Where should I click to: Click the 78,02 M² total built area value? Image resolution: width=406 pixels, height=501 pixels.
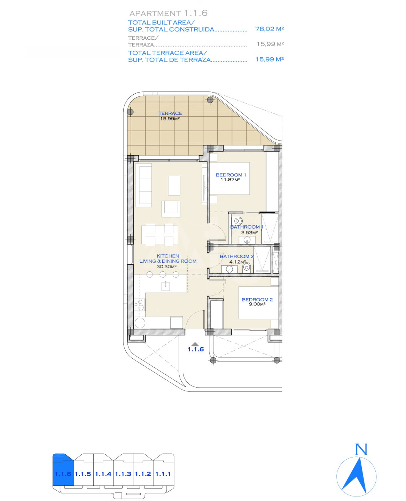(269, 29)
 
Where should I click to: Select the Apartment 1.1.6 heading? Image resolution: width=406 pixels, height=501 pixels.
(168, 13)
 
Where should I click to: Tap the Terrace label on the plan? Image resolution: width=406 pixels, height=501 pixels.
(170, 113)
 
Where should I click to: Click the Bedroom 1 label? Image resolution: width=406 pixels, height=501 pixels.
(231, 175)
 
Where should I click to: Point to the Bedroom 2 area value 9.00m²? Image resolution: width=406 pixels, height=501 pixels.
(257, 304)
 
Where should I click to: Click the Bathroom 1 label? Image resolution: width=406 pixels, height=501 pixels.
(247, 227)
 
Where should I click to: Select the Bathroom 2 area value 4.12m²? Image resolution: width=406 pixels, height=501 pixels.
(237, 262)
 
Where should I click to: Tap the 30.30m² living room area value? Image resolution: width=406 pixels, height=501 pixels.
(166, 267)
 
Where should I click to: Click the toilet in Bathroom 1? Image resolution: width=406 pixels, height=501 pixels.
(237, 221)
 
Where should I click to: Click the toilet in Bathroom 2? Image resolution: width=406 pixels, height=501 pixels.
(247, 267)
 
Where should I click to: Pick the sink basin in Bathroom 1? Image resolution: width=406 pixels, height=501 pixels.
(247, 240)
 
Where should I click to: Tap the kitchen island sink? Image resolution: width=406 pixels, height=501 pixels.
(166, 286)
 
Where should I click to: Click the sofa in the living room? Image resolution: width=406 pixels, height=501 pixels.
(145, 185)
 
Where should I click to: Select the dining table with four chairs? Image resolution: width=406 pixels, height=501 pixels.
(159, 235)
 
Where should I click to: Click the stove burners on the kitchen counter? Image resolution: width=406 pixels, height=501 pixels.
(140, 304)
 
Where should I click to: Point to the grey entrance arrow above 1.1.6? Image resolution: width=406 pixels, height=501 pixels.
(195, 344)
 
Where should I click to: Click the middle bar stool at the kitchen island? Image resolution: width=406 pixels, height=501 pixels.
(163, 274)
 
